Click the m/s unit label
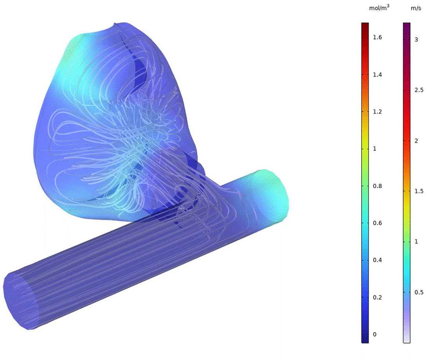(x=416, y=8)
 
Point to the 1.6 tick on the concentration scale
(x=377, y=37)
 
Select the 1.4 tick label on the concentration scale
(x=377, y=74)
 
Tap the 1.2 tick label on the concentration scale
(x=377, y=112)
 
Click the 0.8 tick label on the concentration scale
(x=377, y=186)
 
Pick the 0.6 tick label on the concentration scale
(x=377, y=223)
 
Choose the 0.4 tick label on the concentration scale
(x=377, y=260)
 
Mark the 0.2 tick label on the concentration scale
(x=377, y=297)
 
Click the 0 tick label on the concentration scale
(x=375, y=335)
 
